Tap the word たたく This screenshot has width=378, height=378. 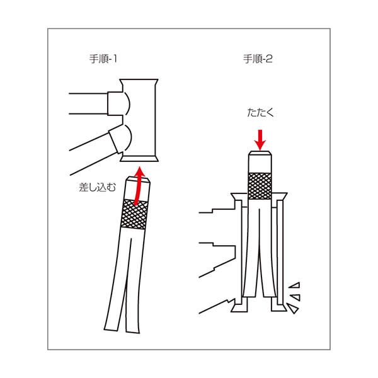point(260,114)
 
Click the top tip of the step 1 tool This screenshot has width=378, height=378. point(140,181)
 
